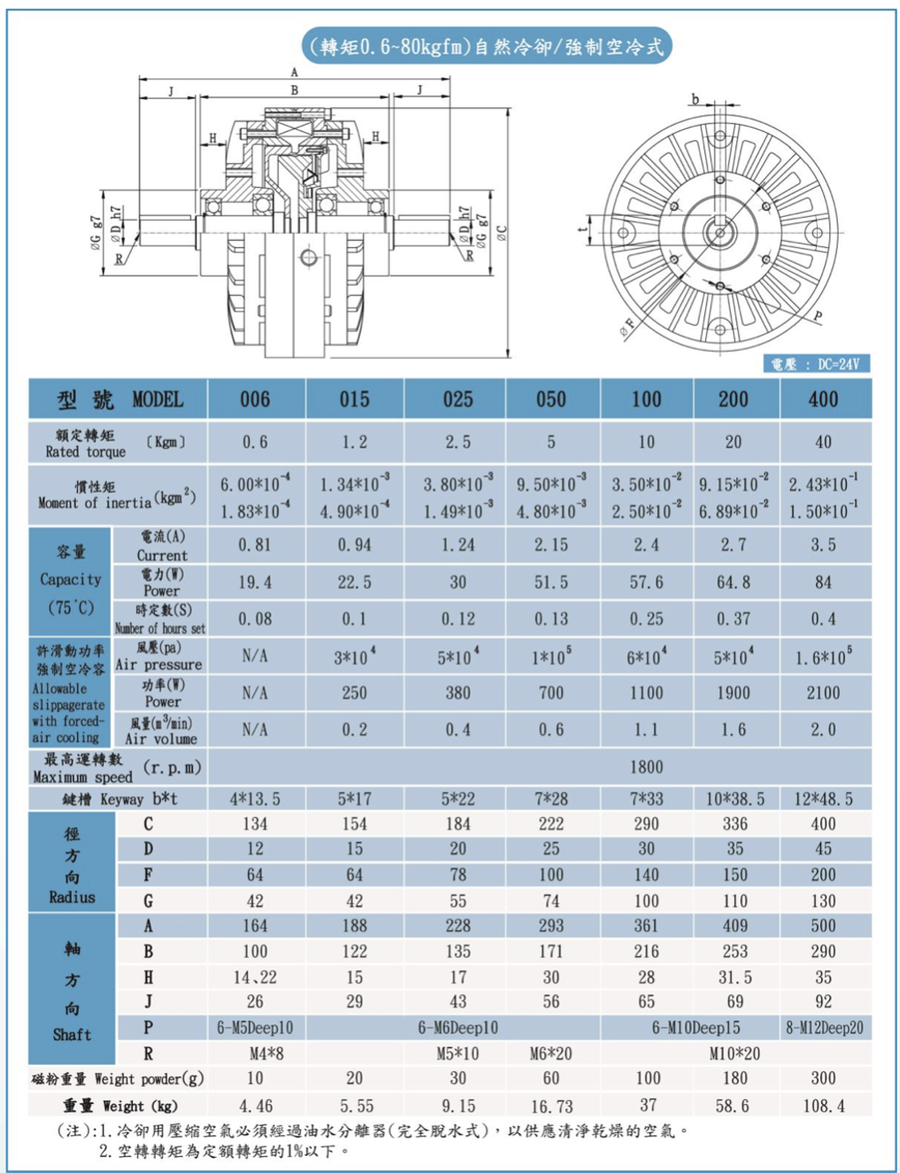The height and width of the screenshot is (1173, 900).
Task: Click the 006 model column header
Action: coord(255,400)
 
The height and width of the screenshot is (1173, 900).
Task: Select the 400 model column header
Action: coord(824,400)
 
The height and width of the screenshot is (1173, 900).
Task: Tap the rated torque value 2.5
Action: coord(458,442)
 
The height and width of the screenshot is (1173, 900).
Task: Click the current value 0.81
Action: coord(255,545)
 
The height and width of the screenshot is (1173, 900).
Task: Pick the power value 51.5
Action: coord(551,582)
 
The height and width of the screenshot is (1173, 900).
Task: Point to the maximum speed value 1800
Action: coord(647,767)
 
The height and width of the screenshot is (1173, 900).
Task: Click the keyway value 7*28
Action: coord(551,799)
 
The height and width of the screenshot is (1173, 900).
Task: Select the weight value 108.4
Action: coord(824,1106)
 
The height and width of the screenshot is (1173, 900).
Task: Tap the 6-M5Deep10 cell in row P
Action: coord(255,1027)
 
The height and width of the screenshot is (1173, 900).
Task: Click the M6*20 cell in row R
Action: coord(551,1053)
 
